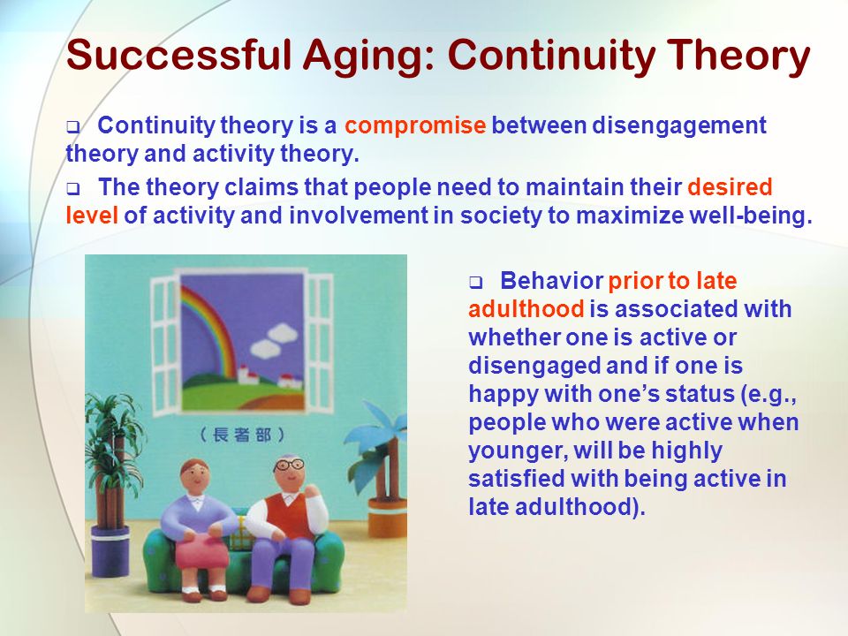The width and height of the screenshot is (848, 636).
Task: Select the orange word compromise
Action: click(415, 126)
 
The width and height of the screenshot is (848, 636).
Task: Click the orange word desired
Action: click(730, 187)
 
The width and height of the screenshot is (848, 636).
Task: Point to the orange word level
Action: click(91, 216)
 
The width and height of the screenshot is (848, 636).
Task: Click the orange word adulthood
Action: click(526, 309)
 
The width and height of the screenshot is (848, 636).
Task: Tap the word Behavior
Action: click(551, 281)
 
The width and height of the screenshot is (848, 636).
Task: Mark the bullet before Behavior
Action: click(475, 283)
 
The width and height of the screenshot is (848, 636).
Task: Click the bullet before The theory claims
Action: click(72, 189)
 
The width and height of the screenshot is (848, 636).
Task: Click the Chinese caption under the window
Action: click(242, 435)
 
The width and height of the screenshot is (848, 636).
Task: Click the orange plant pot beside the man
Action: click(387, 519)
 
